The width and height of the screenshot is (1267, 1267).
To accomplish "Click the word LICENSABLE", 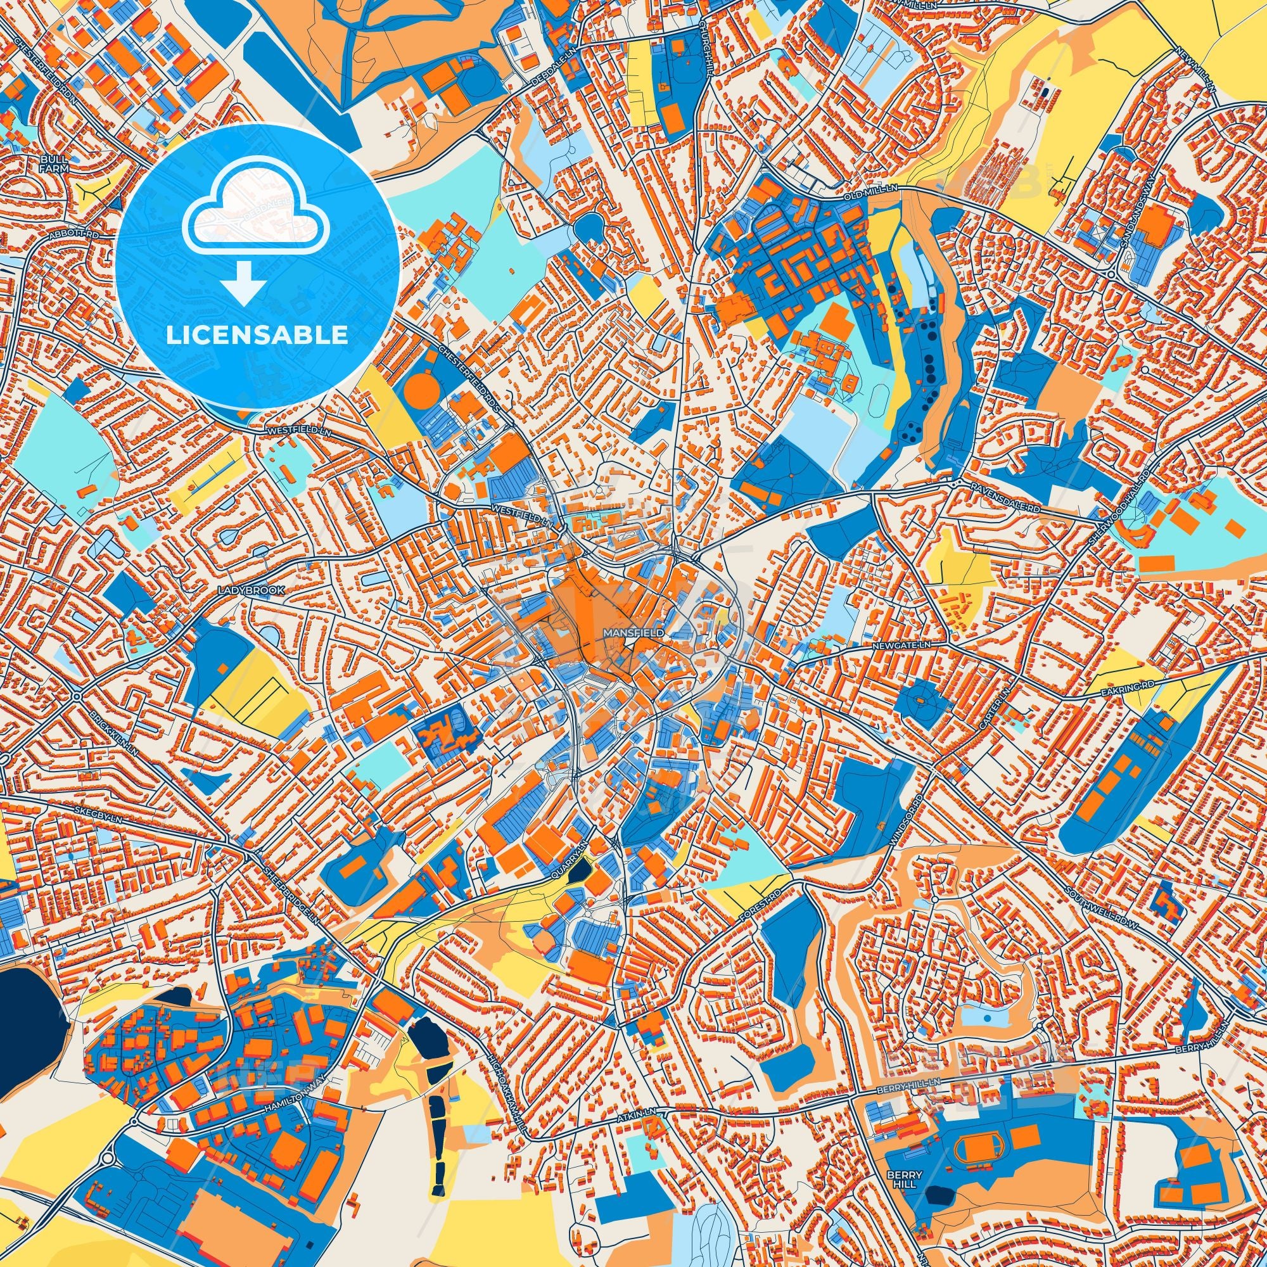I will [x=257, y=335].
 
